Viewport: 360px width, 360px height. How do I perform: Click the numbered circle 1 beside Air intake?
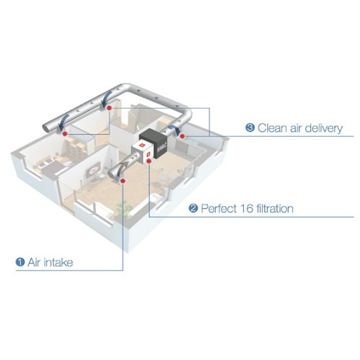(20, 262)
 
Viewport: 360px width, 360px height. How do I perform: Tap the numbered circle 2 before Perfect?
(193, 208)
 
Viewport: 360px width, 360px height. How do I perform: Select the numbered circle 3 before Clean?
(250, 127)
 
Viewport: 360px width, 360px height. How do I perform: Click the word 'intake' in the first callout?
(58, 262)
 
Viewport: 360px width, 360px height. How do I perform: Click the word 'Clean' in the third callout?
(272, 128)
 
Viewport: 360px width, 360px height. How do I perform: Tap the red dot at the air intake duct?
(123, 181)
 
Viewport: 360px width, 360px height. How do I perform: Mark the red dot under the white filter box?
(149, 161)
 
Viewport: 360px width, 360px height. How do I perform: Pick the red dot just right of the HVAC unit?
(182, 136)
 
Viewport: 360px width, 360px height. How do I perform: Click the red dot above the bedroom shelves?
(64, 134)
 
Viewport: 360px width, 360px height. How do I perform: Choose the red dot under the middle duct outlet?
(109, 108)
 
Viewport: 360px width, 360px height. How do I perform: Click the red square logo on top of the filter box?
(142, 145)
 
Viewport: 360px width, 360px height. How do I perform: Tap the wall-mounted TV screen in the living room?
(94, 168)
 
